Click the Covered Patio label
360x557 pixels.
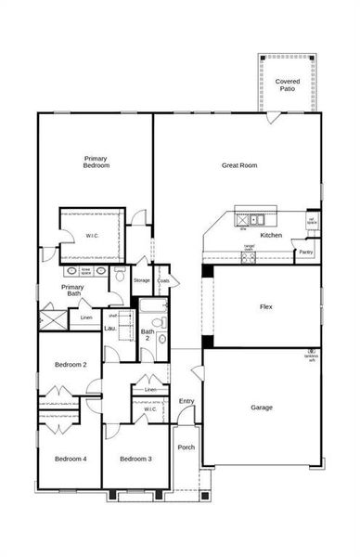coord(288,85)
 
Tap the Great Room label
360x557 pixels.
coord(239,165)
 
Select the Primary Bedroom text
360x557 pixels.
coord(96,162)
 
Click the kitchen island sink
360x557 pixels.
coord(256,220)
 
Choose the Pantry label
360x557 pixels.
coord(306,252)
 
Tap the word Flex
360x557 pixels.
coord(265,306)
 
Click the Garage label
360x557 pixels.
coord(262,407)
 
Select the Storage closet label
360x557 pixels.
coord(141,279)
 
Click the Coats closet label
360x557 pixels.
coord(163,279)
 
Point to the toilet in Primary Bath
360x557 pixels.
coord(120,276)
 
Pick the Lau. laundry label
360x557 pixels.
coord(109,328)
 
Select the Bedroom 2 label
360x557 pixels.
coord(71,365)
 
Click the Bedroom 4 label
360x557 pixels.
coord(71,459)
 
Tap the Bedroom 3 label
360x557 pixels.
coord(135,459)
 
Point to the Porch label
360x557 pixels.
coord(186,447)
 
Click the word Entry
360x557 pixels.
coord(186,400)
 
